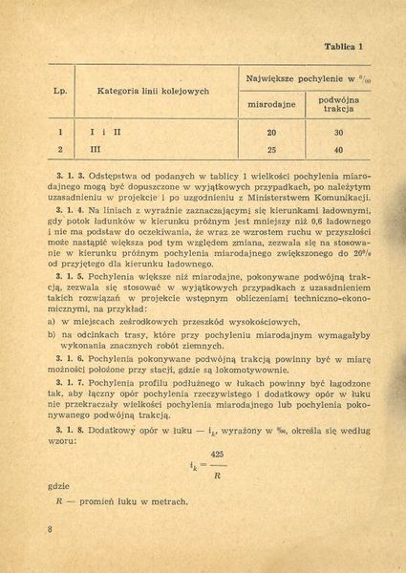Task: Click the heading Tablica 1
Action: point(350,46)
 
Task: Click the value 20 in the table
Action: point(271,133)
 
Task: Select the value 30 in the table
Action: point(338,133)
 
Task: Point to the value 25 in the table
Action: point(271,151)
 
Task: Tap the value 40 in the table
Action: point(338,151)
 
